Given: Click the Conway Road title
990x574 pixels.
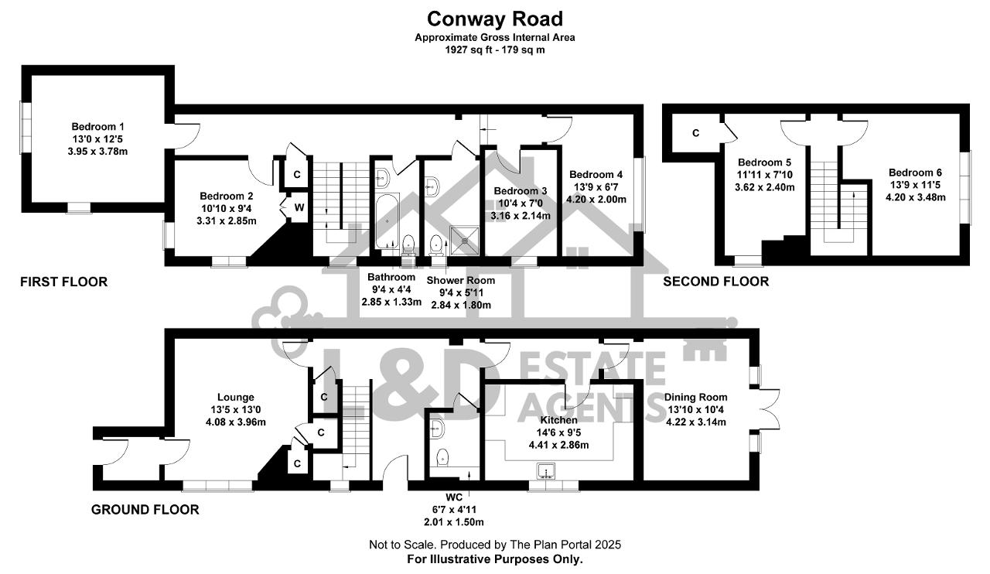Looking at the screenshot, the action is (x=495, y=19).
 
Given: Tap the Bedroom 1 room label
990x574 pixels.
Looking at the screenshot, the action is (x=97, y=126).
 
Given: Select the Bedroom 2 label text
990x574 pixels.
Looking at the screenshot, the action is (x=227, y=196).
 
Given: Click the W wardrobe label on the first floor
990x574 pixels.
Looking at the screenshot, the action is (x=299, y=207).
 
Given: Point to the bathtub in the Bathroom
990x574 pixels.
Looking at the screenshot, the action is (x=387, y=221).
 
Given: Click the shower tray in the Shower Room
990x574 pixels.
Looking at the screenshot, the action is (x=464, y=241).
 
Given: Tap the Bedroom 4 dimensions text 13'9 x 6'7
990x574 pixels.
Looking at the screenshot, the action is (x=596, y=187).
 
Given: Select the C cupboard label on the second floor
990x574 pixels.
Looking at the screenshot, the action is (x=695, y=132).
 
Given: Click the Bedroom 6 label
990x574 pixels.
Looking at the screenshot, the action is (x=915, y=173).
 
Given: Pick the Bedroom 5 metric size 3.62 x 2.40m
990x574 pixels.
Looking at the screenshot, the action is (x=765, y=187).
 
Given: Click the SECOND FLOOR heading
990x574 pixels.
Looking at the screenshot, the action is (x=716, y=282).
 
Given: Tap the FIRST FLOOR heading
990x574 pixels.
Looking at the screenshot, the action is (x=63, y=282).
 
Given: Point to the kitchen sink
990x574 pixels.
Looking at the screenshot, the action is (x=546, y=471).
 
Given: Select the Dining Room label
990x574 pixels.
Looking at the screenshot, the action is (x=695, y=398).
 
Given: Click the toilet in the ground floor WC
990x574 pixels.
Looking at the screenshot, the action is (x=442, y=457).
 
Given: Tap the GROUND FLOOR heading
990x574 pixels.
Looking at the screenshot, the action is (x=145, y=510).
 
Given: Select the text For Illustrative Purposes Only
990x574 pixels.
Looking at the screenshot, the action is (x=495, y=559).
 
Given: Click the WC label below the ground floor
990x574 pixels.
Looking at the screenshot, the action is (x=454, y=497).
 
